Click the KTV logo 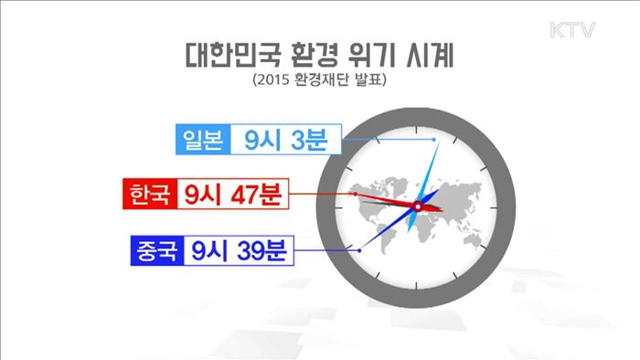click(x=573, y=30)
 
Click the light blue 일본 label click(x=202, y=140)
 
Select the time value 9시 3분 click(x=284, y=140)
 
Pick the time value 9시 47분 click(x=232, y=194)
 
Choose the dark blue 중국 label click(x=160, y=249)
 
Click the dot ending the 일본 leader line click(x=431, y=139)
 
